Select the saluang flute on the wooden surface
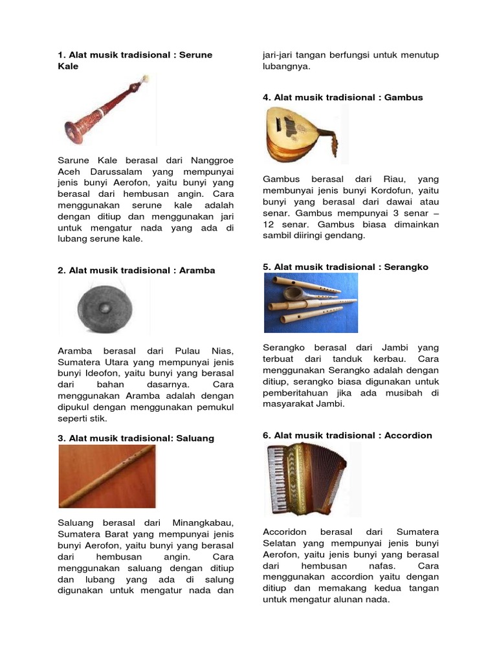(107, 476)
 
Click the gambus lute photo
(301, 134)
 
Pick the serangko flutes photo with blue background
(311, 302)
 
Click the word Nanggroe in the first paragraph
(212, 160)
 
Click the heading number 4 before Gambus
(266, 97)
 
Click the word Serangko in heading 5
(406, 267)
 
